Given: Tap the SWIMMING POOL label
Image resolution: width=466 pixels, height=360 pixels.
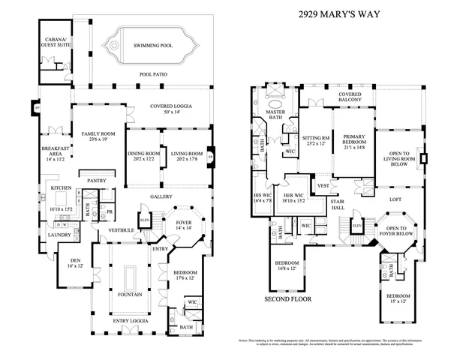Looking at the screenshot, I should [x=153, y=46].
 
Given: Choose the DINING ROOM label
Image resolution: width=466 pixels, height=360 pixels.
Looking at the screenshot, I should [x=143, y=157].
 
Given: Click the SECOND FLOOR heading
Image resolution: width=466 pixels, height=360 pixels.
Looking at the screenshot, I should [x=287, y=298].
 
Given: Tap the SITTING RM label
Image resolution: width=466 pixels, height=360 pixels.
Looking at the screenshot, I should [x=315, y=140].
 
